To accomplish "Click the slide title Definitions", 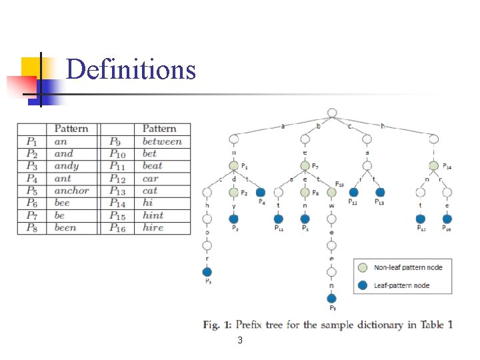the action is (x=131, y=69).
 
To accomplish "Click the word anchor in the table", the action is (x=71, y=191).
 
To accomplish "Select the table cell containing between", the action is (x=162, y=141).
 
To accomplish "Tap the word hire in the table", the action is (x=153, y=228).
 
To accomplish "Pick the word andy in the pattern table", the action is (x=66, y=166).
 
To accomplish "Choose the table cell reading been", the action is (x=65, y=228).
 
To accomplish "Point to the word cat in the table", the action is (x=150, y=191).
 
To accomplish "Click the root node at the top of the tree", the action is (x=332, y=113).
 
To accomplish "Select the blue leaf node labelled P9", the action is (x=331, y=299).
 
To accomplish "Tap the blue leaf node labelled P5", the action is (x=207, y=271).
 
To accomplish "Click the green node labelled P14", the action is (x=434, y=166).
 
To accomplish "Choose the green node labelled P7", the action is (x=305, y=166).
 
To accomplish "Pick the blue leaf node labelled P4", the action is (x=260, y=193).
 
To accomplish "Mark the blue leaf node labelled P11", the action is (x=278, y=219).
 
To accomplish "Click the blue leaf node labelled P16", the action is (x=447, y=219).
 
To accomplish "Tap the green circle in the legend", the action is (x=362, y=267).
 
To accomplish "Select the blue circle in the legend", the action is (x=362, y=285).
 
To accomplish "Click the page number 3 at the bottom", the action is (x=240, y=341).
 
